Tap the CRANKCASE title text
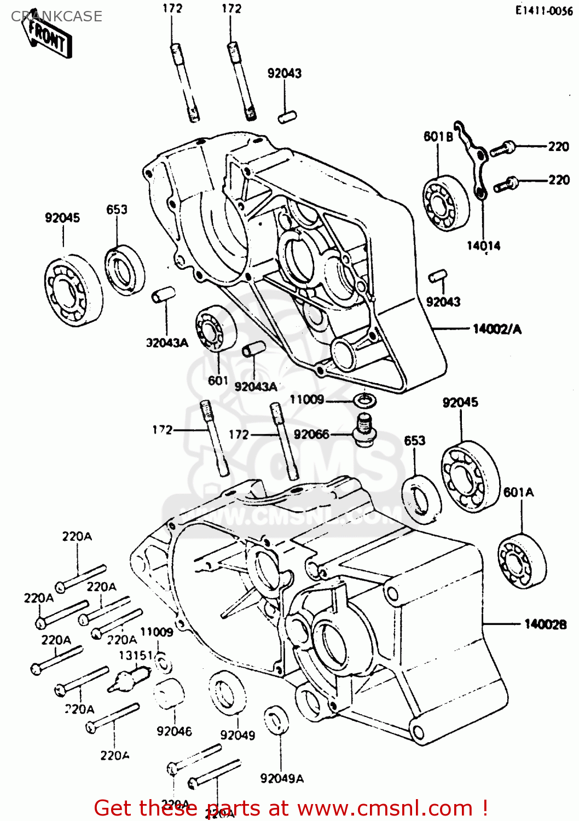click(56, 16)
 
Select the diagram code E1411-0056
click(543, 11)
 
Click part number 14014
click(483, 246)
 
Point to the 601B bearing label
click(438, 136)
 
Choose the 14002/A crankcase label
click(497, 329)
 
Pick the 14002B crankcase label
click(545, 624)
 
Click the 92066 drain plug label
click(311, 435)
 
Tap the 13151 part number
click(136, 655)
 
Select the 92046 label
click(174, 731)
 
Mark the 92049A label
click(282, 778)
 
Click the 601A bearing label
click(518, 492)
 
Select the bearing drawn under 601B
click(445, 203)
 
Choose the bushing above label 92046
click(167, 695)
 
